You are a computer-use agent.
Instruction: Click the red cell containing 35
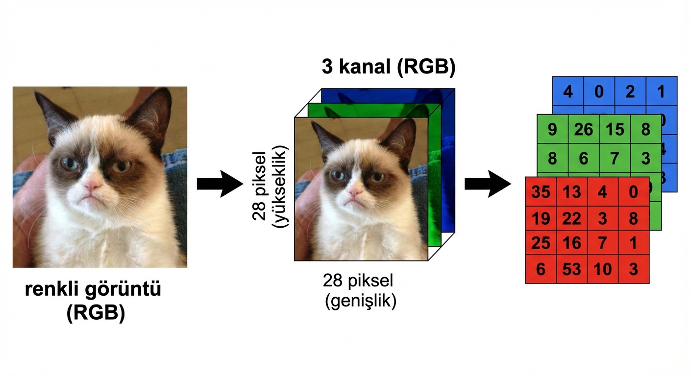pyautogui.click(x=541, y=191)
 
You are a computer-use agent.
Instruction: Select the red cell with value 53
pyautogui.click(x=571, y=269)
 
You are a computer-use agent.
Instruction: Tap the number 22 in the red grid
pyautogui.click(x=571, y=217)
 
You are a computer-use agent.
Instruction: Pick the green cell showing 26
pyautogui.click(x=583, y=129)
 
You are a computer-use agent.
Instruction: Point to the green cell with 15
pyautogui.click(x=615, y=129)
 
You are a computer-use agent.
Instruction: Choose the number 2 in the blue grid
pyautogui.click(x=630, y=92)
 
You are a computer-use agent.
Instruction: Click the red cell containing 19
pyautogui.click(x=541, y=217)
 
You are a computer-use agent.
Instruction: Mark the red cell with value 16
pyautogui.click(x=571, y=243)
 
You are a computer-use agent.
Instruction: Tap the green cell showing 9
pyautogui.click(x=552, y=129)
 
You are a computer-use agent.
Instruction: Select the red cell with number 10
pyautogui.click(x=602, y=269)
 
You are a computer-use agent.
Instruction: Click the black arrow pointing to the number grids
pyautogui.click(x=487, y=184)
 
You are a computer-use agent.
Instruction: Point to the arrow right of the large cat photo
pyautogui.click(x=219, y=184)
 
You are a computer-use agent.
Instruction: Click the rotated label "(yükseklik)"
pyautogui.click(x=283, y=186)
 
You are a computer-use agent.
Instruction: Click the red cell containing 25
pyautogui.click(x=541, y=243)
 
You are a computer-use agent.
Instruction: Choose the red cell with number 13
pyautogui.click(x=571, y=191)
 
